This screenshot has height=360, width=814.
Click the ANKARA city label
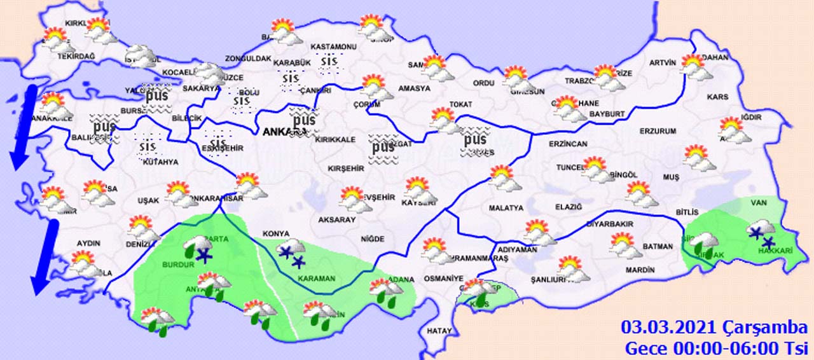280,132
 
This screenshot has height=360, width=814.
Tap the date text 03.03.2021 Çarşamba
714,328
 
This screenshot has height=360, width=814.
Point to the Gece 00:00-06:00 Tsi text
715,348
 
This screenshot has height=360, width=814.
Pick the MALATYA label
506,208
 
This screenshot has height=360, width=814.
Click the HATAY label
439,331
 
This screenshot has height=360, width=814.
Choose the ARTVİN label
661,62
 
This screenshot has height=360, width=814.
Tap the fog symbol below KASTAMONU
329,62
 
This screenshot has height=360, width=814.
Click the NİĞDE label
372,239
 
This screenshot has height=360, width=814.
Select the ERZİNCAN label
569,144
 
